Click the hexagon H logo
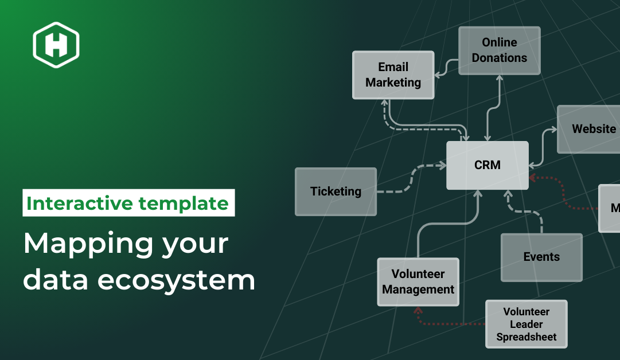[x=56, y=45]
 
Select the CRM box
[x=488, y=165]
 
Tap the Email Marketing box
[x=393, y=75]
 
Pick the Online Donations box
[x=499, y=50]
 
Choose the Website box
[x=588, y=129]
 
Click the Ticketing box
[x=336, y=191]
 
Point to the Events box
[x=541, y=257]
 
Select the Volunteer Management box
[x=418, y=282]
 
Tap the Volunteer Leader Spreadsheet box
[x=526, y=324]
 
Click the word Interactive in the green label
[x=79, y=204]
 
